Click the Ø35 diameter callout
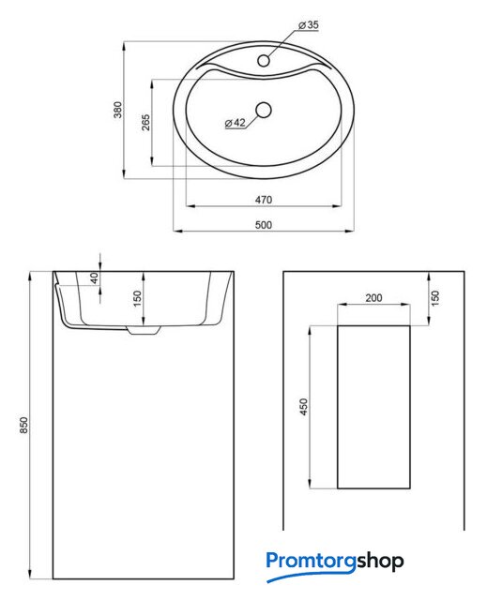click(308, 25)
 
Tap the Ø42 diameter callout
click(236, 123)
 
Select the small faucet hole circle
click(264, 60)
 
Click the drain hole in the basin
click(264, 111)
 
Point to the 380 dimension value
click(118, 110)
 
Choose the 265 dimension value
click(145, 123)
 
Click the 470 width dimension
click(264, 200)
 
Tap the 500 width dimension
click(264, 225)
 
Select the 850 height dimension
click(23, 425)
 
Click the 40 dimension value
click(94, 277)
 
